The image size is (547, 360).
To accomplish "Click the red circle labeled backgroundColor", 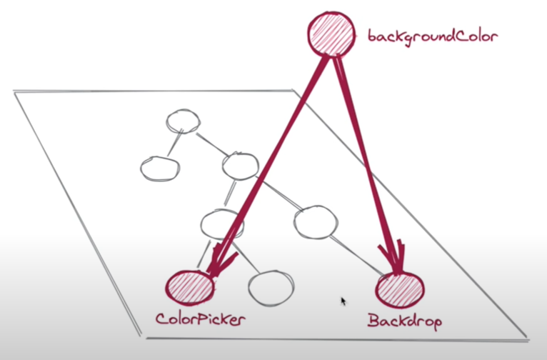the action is (x=331, y=34).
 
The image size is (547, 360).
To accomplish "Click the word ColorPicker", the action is (x=201, y=319).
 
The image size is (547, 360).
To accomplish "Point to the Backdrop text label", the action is (x=404, y=320).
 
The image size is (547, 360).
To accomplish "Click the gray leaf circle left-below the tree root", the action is (x=160, y=168).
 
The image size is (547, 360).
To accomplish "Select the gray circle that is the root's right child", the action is (x=239, y=167).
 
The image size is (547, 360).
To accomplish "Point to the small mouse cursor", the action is (x=343, y=301).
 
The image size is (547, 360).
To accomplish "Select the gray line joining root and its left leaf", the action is (x=171, y=144).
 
